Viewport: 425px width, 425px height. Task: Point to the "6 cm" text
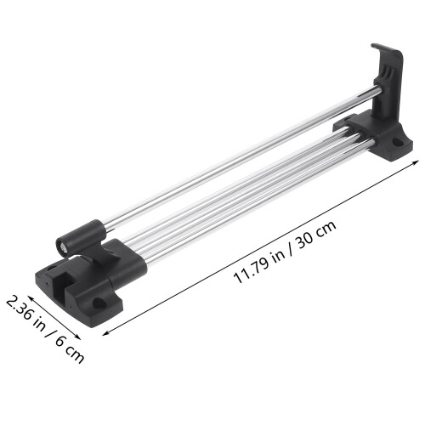tap(70, 350)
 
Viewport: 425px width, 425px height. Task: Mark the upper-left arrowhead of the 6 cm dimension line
tap(29, 297)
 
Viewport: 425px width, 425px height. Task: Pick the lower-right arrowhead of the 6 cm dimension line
tap(79, 337)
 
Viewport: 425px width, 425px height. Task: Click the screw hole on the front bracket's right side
tap(99, 303)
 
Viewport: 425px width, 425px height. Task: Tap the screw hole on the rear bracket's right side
tap(398, 142)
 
